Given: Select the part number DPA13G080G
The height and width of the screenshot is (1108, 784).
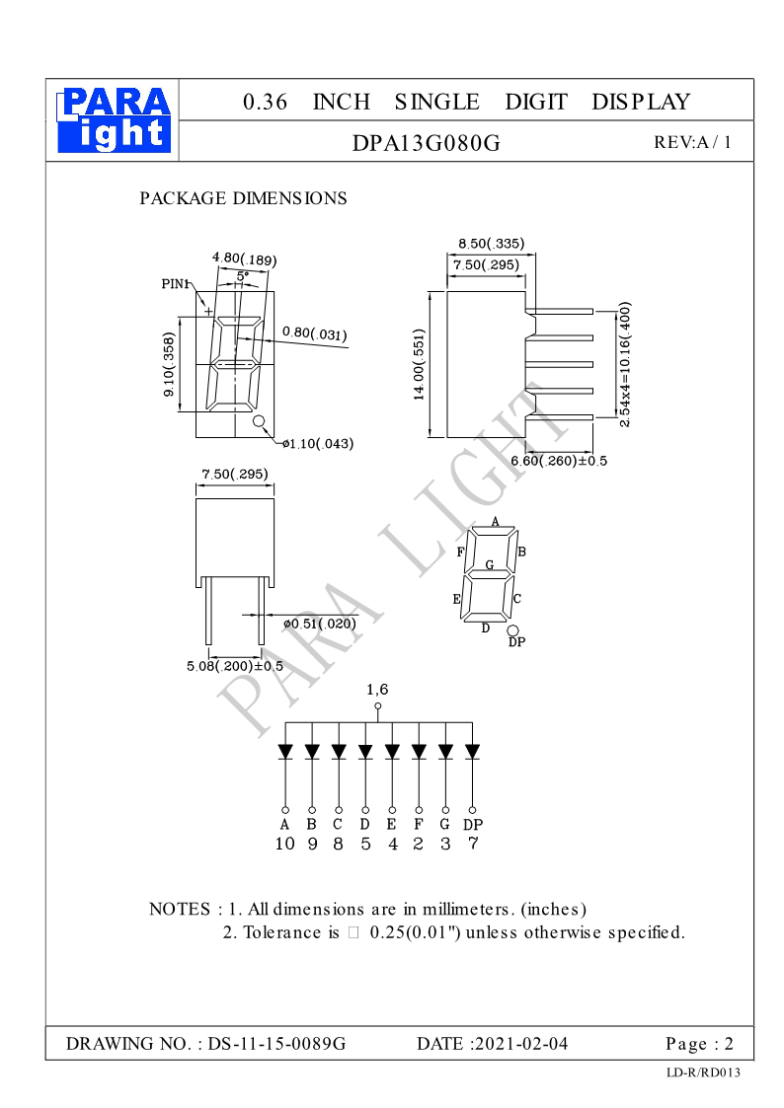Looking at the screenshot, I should coord(427,143).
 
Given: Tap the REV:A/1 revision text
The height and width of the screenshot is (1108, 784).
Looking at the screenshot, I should coord(692,142).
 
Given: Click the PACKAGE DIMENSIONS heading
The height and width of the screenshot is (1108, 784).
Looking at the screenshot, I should coord(243,198).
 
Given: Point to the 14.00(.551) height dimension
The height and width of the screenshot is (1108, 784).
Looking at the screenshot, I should coord(419,365).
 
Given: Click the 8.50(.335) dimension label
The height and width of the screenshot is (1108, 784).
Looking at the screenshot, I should coord(491,244).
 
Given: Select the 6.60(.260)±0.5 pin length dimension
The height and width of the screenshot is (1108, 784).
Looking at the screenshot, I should coord(559,461).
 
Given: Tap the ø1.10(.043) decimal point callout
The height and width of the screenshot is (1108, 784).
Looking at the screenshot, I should coord(318,444).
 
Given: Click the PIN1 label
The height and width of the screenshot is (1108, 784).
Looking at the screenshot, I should coord(175,284).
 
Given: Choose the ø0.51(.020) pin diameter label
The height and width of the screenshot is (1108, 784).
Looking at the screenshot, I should coord(319,624).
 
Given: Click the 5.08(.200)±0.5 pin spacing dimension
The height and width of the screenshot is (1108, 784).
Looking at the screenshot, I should coord(234,666).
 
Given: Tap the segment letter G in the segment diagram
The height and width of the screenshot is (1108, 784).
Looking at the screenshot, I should coord(490,565).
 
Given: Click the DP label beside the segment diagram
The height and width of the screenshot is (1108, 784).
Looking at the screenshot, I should coord(516,642).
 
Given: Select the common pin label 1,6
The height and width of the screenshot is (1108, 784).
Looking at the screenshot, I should coord(377,690).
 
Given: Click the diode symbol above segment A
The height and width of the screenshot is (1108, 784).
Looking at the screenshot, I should coord(285,752).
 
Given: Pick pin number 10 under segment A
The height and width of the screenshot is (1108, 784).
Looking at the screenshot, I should coord(284,844).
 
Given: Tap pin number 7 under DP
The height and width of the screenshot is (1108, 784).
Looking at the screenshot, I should coord(473,844).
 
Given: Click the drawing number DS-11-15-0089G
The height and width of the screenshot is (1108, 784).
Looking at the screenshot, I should coord(276,1044).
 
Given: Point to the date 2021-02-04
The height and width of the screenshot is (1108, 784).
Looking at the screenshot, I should coord(520,1044).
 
